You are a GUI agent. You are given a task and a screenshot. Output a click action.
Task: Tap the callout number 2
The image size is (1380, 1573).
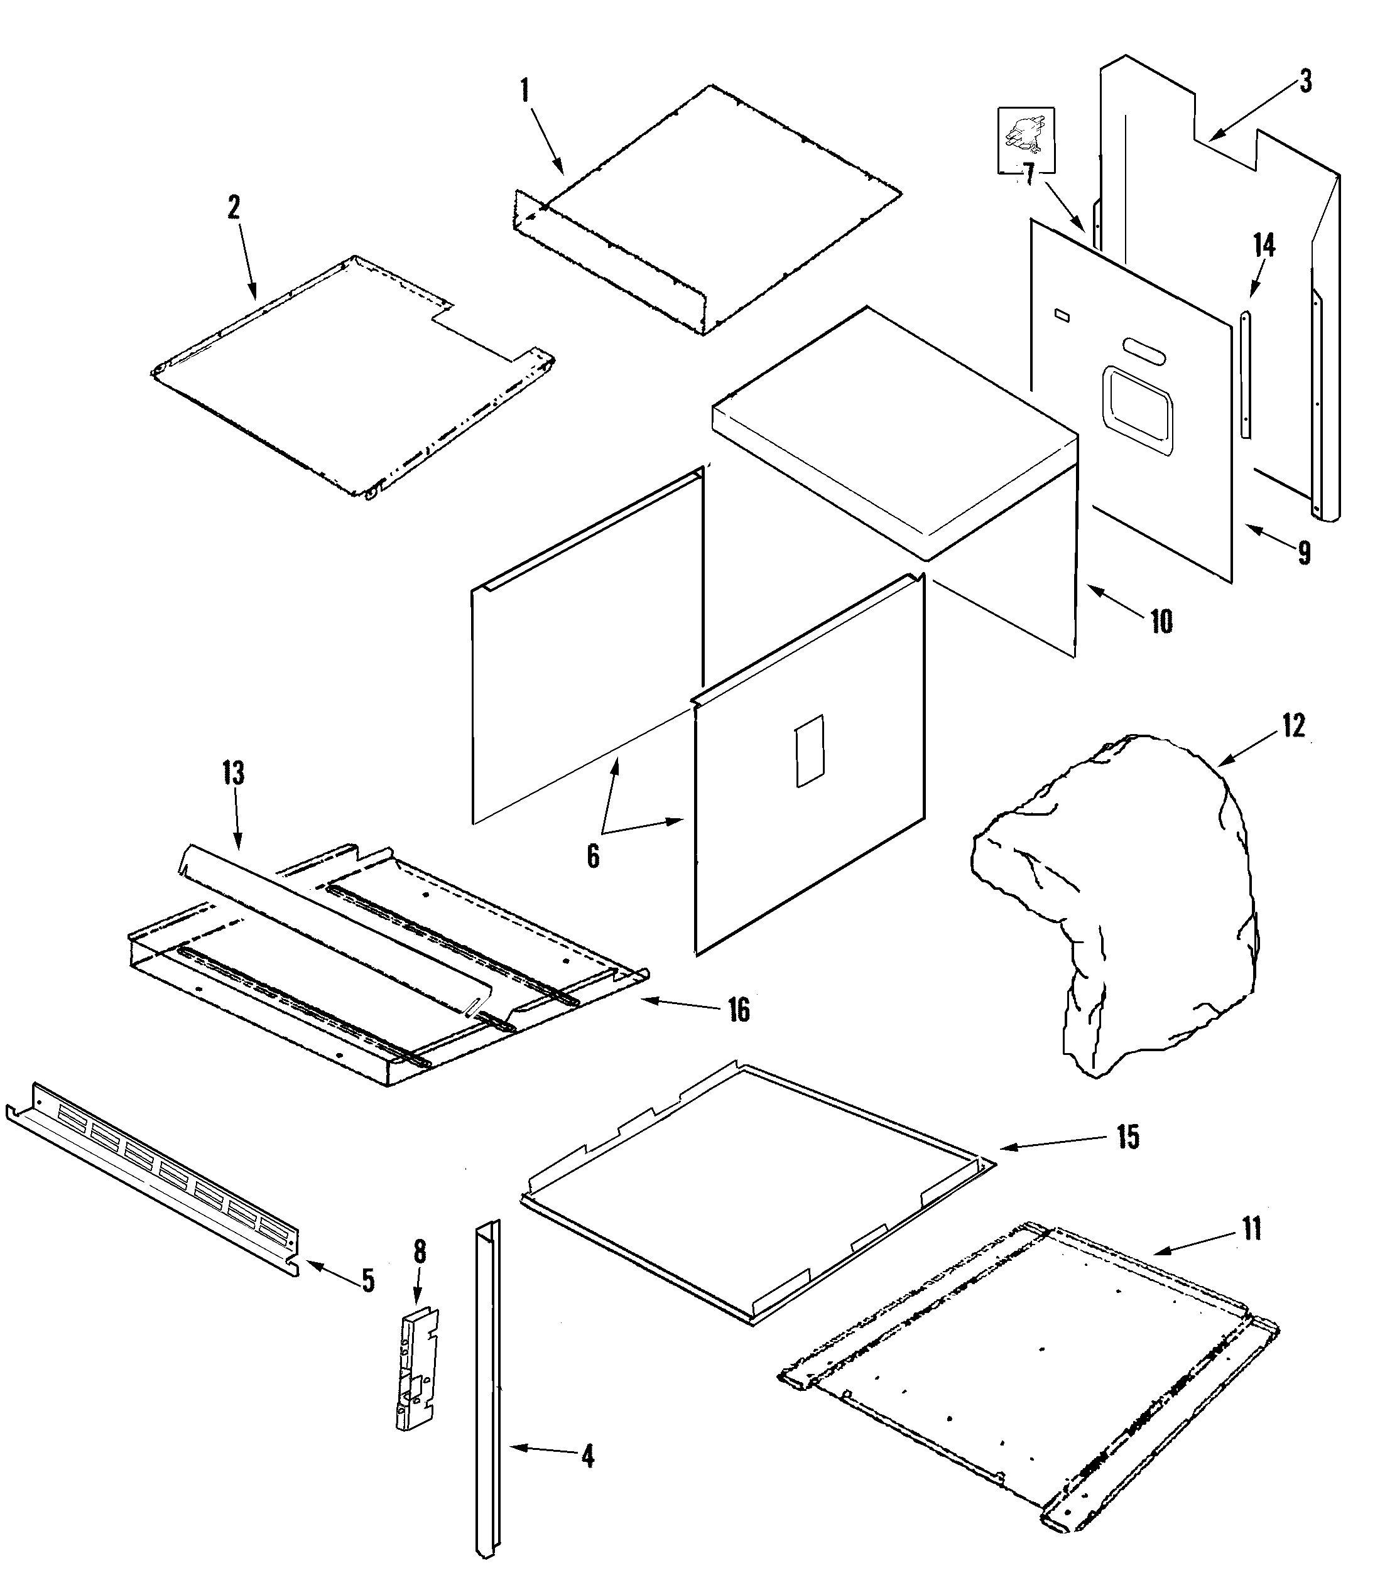tap(234, 207)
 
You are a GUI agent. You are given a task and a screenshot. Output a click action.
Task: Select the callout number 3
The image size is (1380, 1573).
tap(1305, 82)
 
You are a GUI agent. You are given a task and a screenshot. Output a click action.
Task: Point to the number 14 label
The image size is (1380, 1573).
tap(1264, 246)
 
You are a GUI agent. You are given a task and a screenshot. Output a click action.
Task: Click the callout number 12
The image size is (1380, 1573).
tap(1294, 726)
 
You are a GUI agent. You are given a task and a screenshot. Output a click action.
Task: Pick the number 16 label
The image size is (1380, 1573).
tap(739, 1010)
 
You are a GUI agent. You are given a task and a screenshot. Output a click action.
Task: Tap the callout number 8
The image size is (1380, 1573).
tap(420, 1252)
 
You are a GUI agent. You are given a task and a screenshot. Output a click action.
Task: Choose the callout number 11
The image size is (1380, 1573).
tap(1252, 1229)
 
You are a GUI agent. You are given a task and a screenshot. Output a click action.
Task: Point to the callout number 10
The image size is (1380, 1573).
tap(1161, 621)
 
